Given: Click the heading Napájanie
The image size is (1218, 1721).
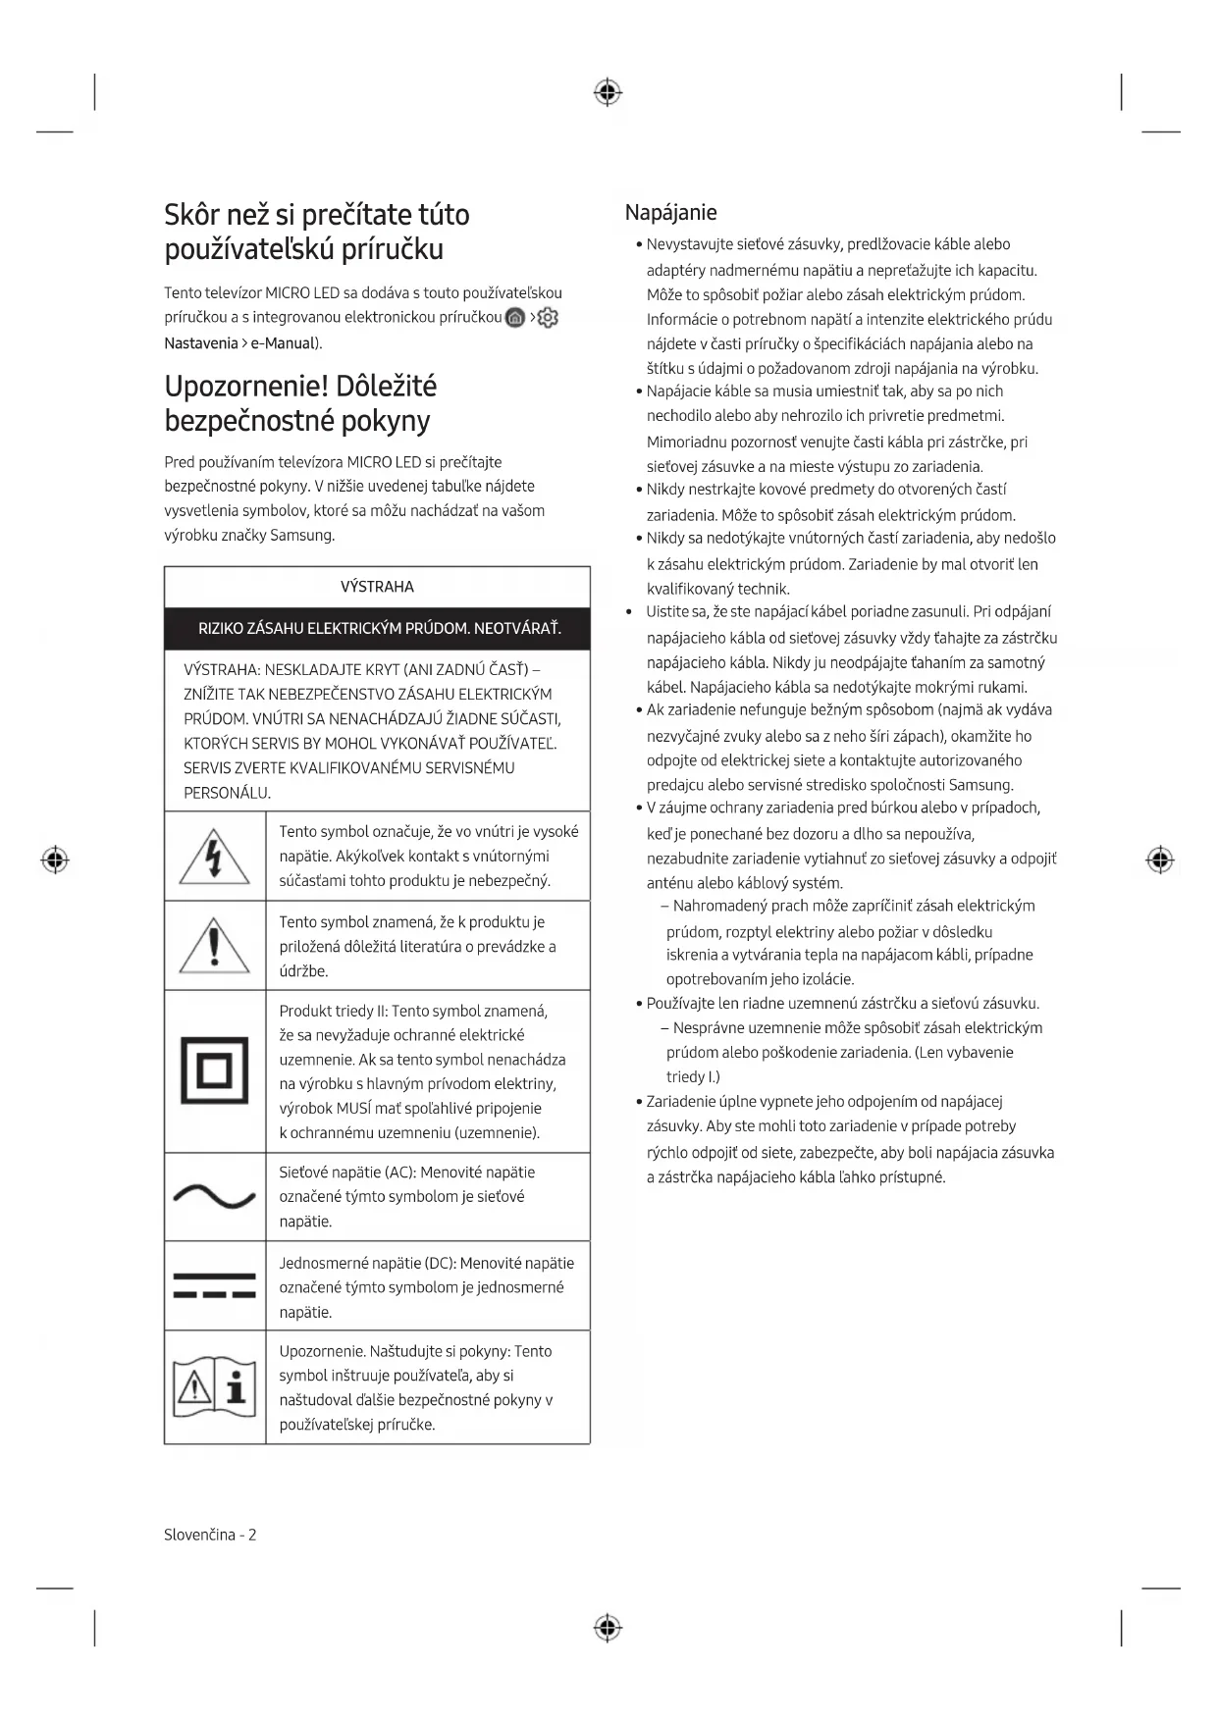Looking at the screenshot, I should (x=670, y=213).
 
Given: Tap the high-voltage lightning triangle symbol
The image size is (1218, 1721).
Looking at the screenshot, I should (x=214, y=856).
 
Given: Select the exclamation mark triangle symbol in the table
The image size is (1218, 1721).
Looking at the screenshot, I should (x=214, y=946).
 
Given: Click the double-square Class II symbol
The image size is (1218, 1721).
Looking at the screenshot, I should (x=214, y=1070).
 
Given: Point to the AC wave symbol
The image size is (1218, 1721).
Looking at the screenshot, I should (x=214, y=1197).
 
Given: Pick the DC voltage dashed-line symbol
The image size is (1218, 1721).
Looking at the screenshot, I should (x=214, y=1285).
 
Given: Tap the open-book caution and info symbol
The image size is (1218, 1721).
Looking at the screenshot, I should (x=214, y=1387).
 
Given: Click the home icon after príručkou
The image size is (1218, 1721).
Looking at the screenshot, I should (x=515, y=318).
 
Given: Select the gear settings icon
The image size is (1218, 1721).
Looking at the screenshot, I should (x=548, y=318).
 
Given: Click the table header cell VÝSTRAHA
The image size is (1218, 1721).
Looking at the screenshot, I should (x=377, y=587).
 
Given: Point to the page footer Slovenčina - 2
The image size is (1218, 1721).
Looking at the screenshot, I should (x=210, y=1535).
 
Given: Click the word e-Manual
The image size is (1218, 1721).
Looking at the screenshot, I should (x=283, y=343).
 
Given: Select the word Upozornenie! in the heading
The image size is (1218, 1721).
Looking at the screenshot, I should (x=244, y=387).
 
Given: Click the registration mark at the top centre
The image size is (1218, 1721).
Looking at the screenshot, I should (x=608, y=93).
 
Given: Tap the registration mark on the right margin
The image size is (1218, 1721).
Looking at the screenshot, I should (x=1159, y=860).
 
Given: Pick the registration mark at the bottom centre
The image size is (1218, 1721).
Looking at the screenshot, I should (x=608, y=1628).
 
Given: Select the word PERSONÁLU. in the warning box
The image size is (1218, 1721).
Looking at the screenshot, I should (x=227, y=793).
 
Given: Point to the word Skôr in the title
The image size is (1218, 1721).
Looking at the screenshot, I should (x=196, y=215).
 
